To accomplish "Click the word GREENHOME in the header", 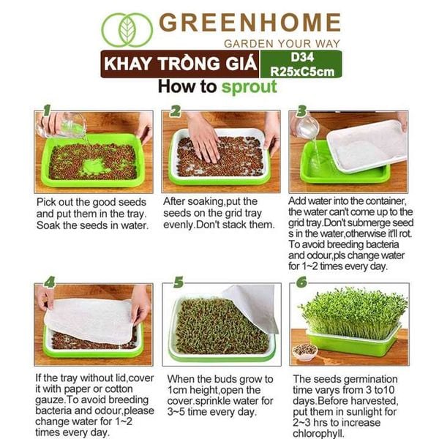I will point(249,22).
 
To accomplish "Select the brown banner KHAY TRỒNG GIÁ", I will point(180,64).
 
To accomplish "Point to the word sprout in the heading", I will point(249,87).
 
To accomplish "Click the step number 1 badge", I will point(48,111).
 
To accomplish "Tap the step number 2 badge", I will point(176,111).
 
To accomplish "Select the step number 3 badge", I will point(302,111).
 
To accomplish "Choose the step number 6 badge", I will point(301,282).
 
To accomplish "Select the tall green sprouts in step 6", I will point(351,311).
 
